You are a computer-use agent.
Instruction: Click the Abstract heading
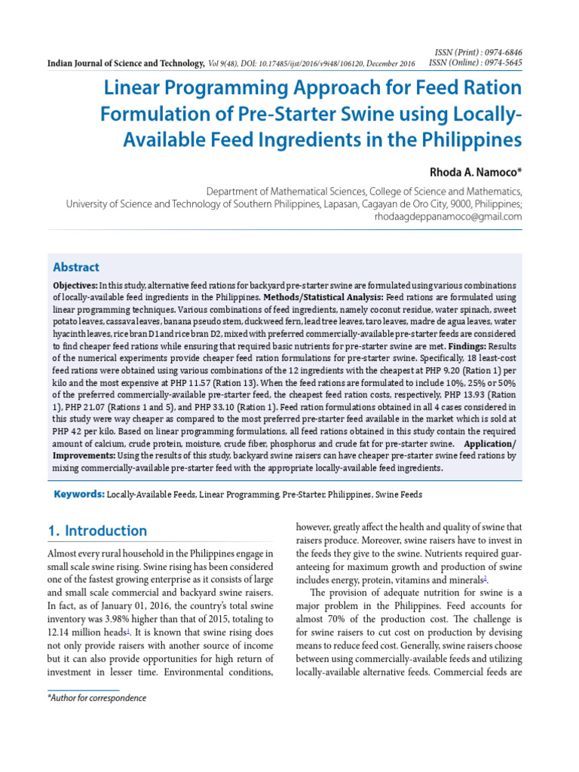pyautogui.click(x=75, y=268)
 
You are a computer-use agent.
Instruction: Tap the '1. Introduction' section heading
pyautogui.click(x=97, y=531)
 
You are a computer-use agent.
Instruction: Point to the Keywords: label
pyautogui.click(x=78, y=495)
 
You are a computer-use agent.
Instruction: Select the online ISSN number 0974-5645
pyautogui.click(x=502, y=62)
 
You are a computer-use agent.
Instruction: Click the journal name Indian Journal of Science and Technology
pyautogui.click(x=125, y=63)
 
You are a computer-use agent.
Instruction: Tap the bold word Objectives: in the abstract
pyautogui.click(x=75, y=286)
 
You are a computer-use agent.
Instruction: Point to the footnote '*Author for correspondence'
pyautogui.click(x=96, y=698)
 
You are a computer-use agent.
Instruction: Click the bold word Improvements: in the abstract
pyautogui.click(x=84, y=456)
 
